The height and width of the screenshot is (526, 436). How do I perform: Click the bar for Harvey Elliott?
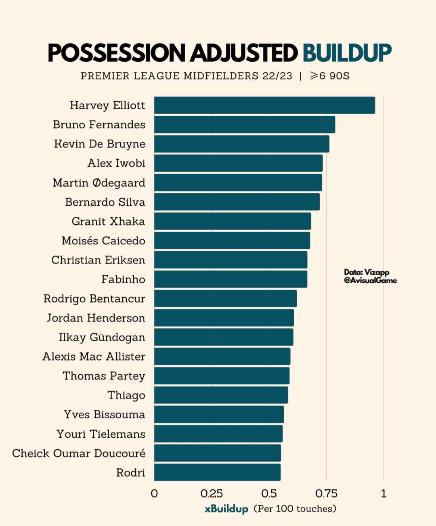tap(264, 105)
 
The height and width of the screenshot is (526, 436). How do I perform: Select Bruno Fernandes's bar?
tap(244, 125)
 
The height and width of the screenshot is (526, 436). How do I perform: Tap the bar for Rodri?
tap(217, 472)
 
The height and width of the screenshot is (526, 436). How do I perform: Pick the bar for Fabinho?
tap(231, 279)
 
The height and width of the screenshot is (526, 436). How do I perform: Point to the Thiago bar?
tap(221, 395)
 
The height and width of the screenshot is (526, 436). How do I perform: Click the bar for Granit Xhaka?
tap(233, 221)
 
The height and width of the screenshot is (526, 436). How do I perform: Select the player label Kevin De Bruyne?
tap(100, 144)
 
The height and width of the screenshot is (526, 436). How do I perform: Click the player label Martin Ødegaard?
tap(99, 183)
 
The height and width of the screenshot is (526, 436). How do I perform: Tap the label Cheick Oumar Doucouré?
tap(79, 453)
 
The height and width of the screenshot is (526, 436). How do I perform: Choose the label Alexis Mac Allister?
tap(94, 357)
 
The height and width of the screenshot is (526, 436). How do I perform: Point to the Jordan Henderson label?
tap(96, 318)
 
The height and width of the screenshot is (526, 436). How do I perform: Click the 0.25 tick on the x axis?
tap(212, 493)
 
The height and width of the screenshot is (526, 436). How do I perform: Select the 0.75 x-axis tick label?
tap(326, 493)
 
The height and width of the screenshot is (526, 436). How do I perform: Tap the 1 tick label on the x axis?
tap(384, 493)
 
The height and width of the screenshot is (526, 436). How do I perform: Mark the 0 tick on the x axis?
tap(154, 493)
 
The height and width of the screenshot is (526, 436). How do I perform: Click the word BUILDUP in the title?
tap(347, 53)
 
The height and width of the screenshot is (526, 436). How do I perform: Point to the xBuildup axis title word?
tap(226, 509)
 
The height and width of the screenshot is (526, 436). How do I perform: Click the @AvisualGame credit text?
tap(370, 280)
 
